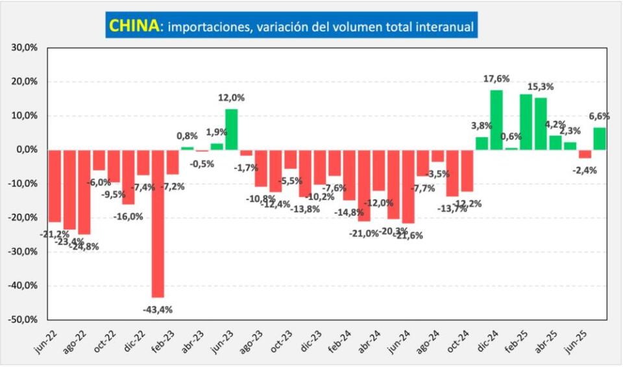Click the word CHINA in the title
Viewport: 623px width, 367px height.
(x=134, y=25)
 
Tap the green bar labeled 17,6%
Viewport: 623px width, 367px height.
(x=496, y=120)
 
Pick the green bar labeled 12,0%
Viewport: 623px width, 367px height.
(x=232, y=129)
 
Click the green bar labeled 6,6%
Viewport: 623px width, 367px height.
(x=600, y=138)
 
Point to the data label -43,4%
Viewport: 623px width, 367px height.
(x=157, y=309)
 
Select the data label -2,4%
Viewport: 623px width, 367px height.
(x=585, y=170)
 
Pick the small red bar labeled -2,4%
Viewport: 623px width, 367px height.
(x=585, y=154)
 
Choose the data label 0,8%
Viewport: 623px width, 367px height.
(x=187, y=136)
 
